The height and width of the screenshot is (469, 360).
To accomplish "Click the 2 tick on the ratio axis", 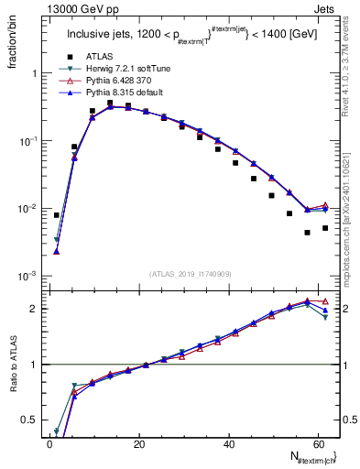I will [x=37, y=309].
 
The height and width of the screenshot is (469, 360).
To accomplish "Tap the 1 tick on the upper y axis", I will [x=37, y=73].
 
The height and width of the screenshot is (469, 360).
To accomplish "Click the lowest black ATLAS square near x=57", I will [x=308, y=233].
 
